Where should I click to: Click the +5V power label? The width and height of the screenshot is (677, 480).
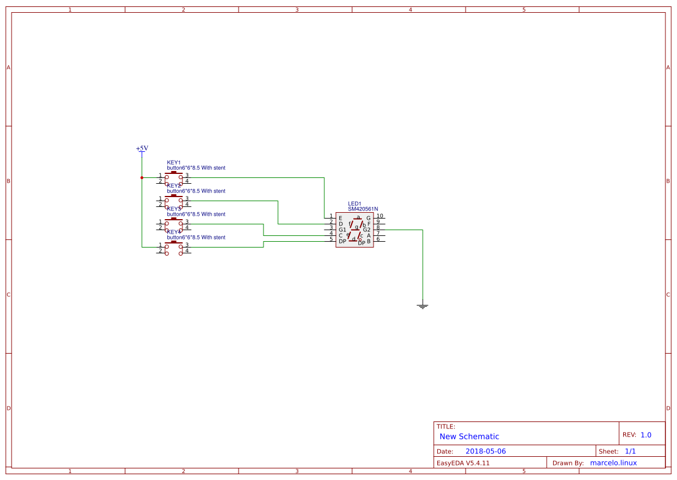click(142, 148)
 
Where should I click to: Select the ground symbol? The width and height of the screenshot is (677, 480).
click(423, 306)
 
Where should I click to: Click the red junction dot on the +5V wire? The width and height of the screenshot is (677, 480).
click(142, 177)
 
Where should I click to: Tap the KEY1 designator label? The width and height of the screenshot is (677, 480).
click(174, 162)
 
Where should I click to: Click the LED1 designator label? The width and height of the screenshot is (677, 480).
click(354, 203)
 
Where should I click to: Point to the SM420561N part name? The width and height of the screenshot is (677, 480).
click(363, 209)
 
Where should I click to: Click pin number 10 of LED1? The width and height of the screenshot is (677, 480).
click(379, 216)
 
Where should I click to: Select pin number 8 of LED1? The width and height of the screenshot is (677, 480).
click(378, 228)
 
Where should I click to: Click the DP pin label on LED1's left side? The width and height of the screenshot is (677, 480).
click(342, 241)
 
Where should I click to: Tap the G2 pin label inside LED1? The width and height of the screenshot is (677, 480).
click(367, 230)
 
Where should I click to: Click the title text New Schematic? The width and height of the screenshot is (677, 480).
click(469, 437)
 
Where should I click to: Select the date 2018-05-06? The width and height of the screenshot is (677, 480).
click(485, 451)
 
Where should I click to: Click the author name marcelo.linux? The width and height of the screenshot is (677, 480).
click(613, 463)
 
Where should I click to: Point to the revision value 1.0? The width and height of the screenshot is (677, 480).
click(646, 435)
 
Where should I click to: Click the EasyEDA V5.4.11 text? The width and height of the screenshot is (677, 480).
click(463, 463)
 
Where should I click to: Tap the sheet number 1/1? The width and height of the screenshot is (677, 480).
click(630, 451)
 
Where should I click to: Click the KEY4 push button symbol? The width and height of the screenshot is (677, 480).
click(174, 248)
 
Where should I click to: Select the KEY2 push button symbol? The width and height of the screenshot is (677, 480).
click(174, 201)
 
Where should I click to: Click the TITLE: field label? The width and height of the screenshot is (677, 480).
click(445, 427)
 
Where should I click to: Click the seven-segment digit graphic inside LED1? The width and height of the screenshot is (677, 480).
click(356, 228)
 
